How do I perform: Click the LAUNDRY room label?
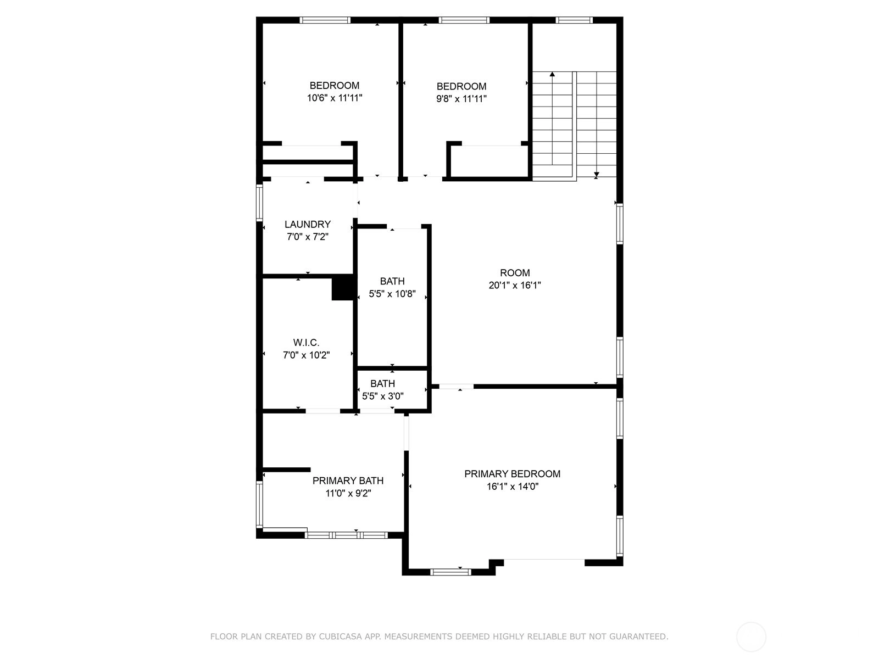[x=308, y=224]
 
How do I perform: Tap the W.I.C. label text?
[x=306, y=343]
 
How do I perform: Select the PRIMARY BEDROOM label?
[x=512, y=474]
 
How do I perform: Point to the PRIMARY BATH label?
[x=348, y=481]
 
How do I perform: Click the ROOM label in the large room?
[x=515, y=273]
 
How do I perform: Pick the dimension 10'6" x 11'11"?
[x=335, y=98]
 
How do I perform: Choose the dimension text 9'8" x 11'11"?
[x=461, y=98]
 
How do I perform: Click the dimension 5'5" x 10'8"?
[x=392, y=294]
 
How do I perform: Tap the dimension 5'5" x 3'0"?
[x=382, y=396]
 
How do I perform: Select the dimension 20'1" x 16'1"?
[x=515, y=285]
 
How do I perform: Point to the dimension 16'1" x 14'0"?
[x=512, y=487]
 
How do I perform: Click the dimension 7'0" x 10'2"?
[x=306, y=355]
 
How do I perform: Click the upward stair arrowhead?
[x=552, y=74]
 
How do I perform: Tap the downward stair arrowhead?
[x=596, y=175]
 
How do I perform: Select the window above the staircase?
[x=574, y=20]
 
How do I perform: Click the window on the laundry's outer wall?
[x=259, y=203]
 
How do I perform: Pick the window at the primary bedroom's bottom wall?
[x=450, y=572]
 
